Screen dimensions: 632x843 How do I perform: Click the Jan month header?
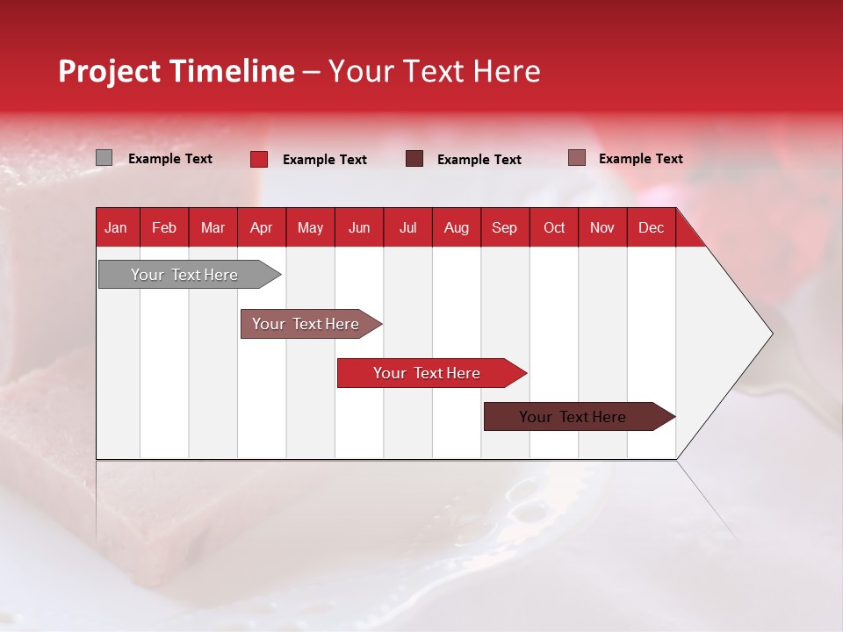click(116, 227)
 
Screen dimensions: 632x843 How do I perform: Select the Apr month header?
click(261, 227)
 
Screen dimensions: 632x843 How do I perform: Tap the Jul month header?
click(407, 227)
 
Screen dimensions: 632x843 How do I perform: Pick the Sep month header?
click(504, 227)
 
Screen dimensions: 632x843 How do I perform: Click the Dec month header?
click(651, 227)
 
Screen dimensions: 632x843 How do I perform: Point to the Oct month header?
click(553, 227)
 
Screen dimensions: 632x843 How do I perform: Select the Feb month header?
click(164, 227)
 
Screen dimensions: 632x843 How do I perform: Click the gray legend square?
click(104, 158)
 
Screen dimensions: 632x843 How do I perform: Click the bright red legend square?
click(259, 159)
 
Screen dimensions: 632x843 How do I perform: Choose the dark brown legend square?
click(414, 159)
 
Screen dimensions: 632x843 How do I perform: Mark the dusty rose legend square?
click(576, 158)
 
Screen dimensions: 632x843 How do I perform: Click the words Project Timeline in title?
click(176, 71)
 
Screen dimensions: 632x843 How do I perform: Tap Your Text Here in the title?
click(434, 71)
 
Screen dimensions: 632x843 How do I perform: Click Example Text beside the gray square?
click(169, 159)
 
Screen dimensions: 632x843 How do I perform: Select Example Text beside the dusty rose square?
click(640, 159)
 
